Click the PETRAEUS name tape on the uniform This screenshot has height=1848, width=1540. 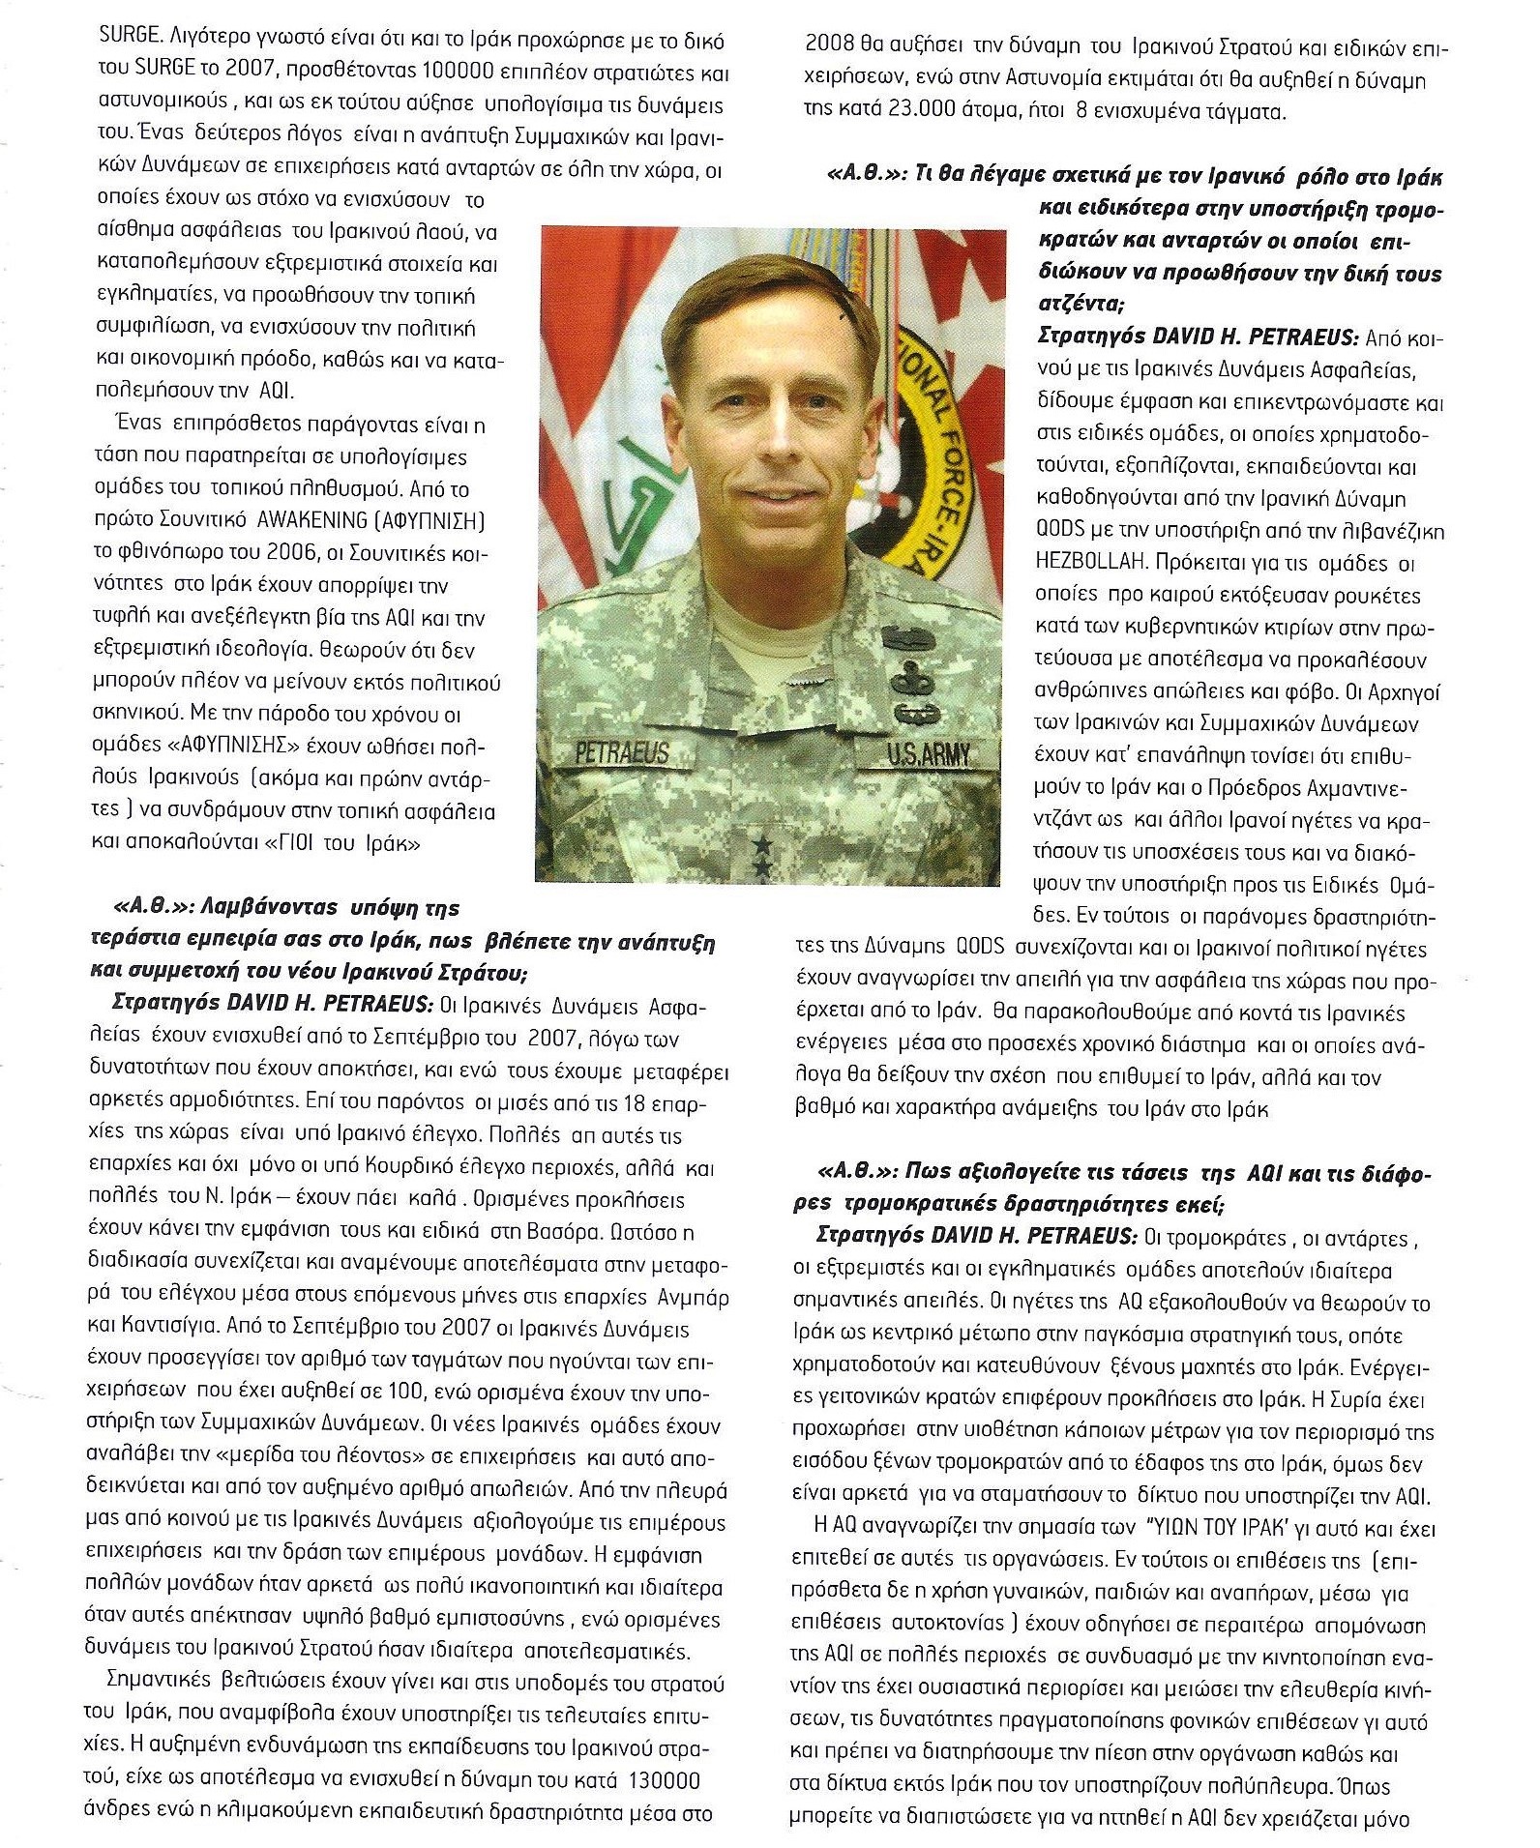click(622, 751)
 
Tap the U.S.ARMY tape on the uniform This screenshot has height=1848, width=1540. click(928, 753)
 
